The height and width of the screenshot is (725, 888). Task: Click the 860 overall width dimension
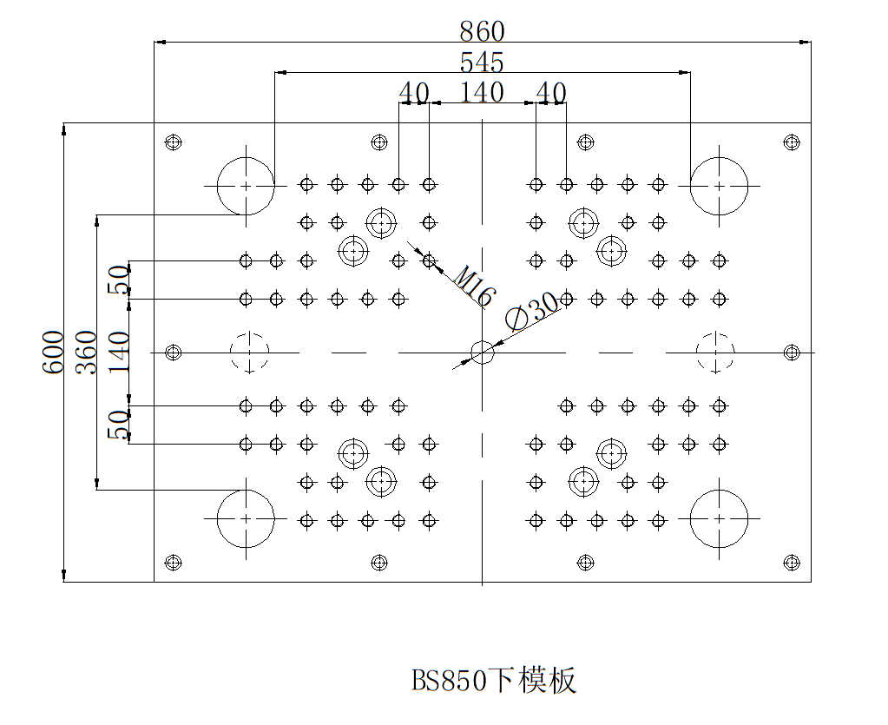[482, 32]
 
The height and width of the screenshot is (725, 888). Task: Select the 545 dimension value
[482, 63]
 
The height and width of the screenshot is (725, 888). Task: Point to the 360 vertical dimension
[86, 352]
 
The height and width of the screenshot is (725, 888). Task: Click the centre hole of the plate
[482, 353]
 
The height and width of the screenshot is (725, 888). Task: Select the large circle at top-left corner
[246, 186]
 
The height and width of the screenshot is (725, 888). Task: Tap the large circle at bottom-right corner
[719, 518]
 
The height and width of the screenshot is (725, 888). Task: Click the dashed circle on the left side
[250, 353]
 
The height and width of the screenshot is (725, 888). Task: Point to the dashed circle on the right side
[715, 353]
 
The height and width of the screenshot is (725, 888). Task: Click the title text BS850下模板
[494, 681]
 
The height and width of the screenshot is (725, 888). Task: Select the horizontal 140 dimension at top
[482, 92]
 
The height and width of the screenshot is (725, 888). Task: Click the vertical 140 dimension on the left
[118, 352]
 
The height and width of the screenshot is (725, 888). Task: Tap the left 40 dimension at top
[414, 92]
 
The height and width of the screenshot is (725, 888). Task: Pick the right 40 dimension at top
[551, 92]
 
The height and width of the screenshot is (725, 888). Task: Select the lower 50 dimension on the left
[118, 425]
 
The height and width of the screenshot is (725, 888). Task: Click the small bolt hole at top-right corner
[791, 142]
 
